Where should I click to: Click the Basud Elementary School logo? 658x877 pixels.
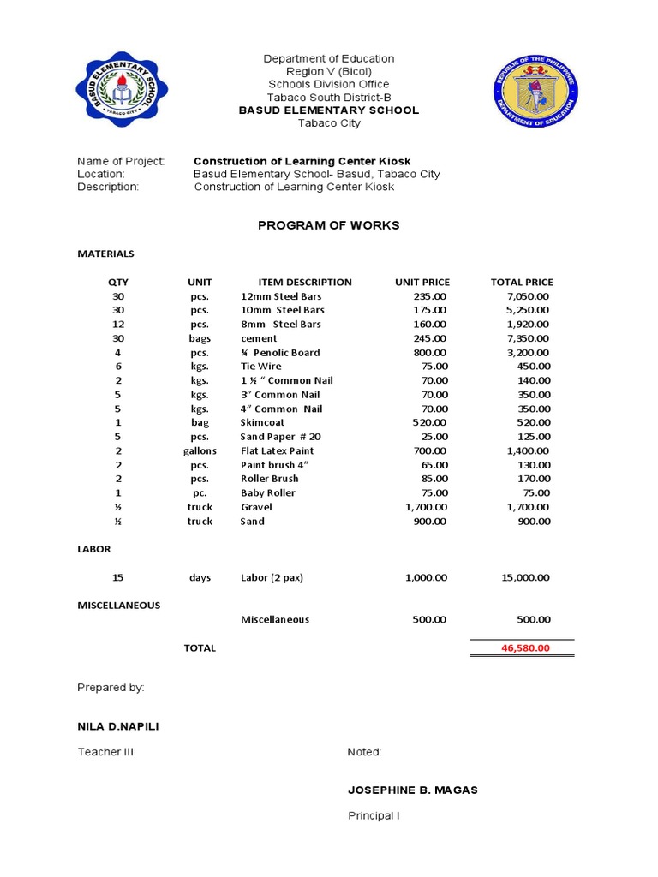coord(122,92)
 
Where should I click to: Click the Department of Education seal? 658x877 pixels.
coord(536,92)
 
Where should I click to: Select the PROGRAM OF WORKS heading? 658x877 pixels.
coord(329,225)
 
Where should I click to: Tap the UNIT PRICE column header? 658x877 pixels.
coord(422,282)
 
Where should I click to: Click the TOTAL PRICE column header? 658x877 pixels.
coord(522,282)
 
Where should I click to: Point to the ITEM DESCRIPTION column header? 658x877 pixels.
coord(305,282)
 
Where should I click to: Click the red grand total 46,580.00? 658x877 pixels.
coord(525,648)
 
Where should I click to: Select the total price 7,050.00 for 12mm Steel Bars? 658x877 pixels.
coord(528,296)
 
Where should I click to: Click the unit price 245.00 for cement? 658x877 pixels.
coord(429,338)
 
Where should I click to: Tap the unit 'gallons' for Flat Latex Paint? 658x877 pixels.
coord(200,451)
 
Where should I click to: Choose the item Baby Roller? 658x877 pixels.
coord(267,493)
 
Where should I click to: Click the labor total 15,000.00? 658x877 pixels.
coord(524,578)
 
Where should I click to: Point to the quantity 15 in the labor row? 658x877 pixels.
coord(118,578)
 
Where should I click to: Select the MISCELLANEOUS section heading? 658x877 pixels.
coord(119,606)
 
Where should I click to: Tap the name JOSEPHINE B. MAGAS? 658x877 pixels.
coord(412,790)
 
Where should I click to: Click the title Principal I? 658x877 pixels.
coord(374,816)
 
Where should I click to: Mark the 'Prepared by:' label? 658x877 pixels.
coord(111,688)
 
